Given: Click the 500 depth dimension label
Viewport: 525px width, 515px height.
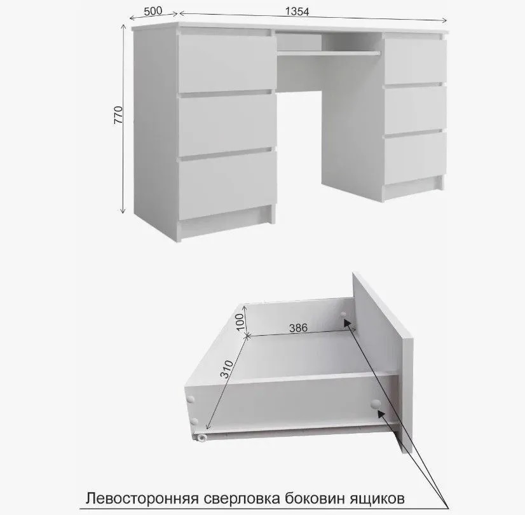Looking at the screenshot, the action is pos(153,11).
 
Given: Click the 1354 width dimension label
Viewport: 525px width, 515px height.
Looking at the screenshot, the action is pos(297,11).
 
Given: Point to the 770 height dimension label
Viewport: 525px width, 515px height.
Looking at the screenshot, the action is pos(119,115).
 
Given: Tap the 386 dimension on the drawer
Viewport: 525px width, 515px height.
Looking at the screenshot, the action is pos(298,327).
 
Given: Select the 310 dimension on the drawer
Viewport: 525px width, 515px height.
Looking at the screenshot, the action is pos(228,369).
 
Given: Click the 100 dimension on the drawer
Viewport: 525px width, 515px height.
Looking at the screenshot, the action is pos(241,322).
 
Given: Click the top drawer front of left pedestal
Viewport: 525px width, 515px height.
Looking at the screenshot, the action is pos(227,62).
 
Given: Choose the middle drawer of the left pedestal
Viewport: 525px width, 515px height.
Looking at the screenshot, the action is pos(227,125).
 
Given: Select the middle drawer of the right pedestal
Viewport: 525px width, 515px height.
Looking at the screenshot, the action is pos(415,110).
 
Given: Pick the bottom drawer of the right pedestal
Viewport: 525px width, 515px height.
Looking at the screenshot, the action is pos(415,158).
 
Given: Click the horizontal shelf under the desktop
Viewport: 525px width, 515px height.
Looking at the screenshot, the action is pos(329,53).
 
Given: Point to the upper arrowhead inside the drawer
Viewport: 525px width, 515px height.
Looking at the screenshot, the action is pos(347,322).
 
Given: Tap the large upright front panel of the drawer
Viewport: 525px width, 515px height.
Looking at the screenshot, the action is pos(383,362).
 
